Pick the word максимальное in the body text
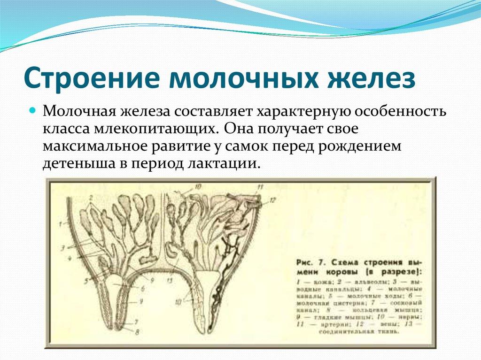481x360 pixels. pyautogui.click(x=93, y=146)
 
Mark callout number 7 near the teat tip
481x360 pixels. pyautogui.click(x=136, y=322)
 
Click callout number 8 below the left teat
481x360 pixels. pyautogui.click(x=136, y=332)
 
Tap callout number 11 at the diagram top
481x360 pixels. pyautogui.click(x=260, y=188)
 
